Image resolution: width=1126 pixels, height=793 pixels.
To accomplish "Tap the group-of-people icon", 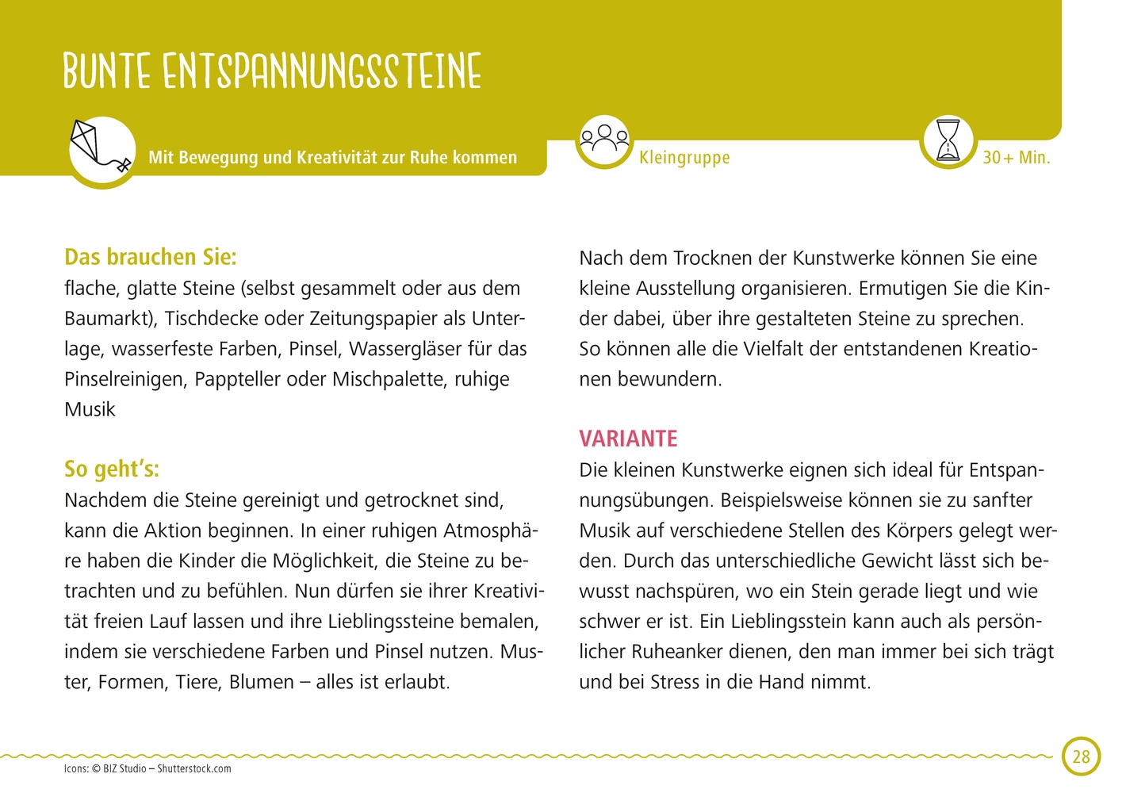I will (604, 140).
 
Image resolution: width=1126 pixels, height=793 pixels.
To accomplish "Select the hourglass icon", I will (948, 140).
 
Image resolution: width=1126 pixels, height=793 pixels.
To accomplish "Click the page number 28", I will (1081, 756).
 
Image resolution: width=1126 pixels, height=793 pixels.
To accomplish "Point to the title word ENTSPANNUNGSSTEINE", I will (322, 71).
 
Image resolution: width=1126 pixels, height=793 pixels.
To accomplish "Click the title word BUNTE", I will (107, 71).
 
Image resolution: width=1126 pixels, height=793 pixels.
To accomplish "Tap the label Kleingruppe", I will (684, 157).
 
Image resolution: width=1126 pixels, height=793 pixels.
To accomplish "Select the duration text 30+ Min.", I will (1016, 157).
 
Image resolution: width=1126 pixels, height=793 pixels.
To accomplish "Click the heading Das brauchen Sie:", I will (151, 257).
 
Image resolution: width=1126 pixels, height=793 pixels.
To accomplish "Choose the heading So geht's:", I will (112, 469).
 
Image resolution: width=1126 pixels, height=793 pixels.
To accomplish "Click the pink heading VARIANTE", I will (628, 439).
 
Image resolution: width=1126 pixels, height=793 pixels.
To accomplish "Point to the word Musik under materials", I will (90, 409).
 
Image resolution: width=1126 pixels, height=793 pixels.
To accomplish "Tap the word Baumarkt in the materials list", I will (109, 318).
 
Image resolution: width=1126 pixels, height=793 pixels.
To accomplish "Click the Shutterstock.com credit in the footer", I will (194, 768).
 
